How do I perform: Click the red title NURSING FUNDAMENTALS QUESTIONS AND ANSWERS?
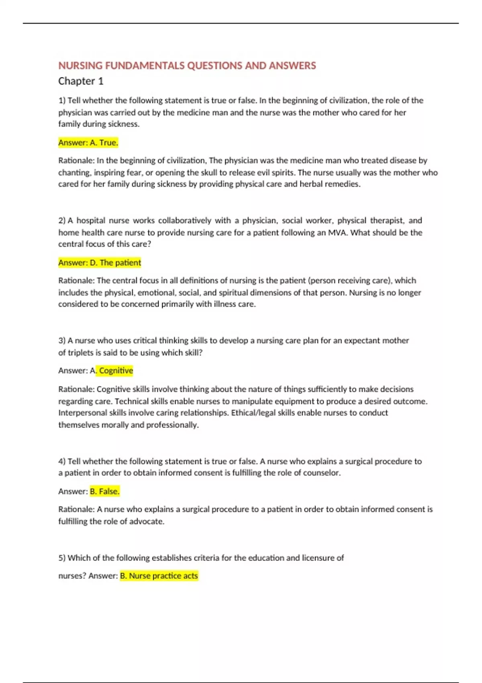point(187,65)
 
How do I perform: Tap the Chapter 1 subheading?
point(81,81)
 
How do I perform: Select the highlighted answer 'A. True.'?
point(88,143)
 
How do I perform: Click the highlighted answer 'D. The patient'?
point(100,263)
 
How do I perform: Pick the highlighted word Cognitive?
point(116,370)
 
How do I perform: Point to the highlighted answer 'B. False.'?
point(104,491)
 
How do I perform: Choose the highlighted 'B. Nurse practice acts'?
point(159,576)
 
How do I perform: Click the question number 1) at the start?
point(62,100)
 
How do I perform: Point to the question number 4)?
point(62,461)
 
